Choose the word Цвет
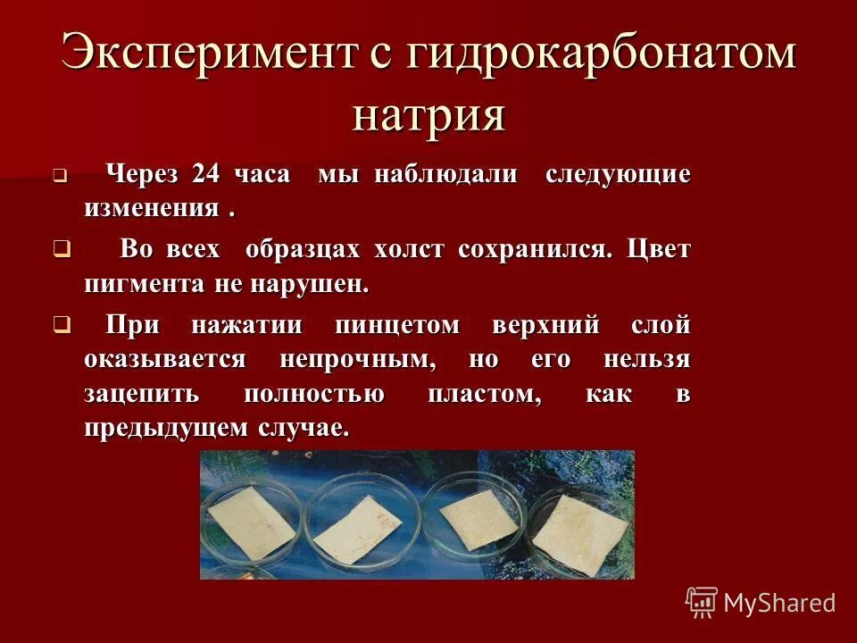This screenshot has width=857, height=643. [659, 249]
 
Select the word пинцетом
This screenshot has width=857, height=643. [397, 326]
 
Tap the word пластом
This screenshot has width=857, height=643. [485, 394]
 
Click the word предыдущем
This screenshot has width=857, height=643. [165, 427]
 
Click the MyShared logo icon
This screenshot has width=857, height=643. [702, 602]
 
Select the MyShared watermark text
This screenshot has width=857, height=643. [779, 603]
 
